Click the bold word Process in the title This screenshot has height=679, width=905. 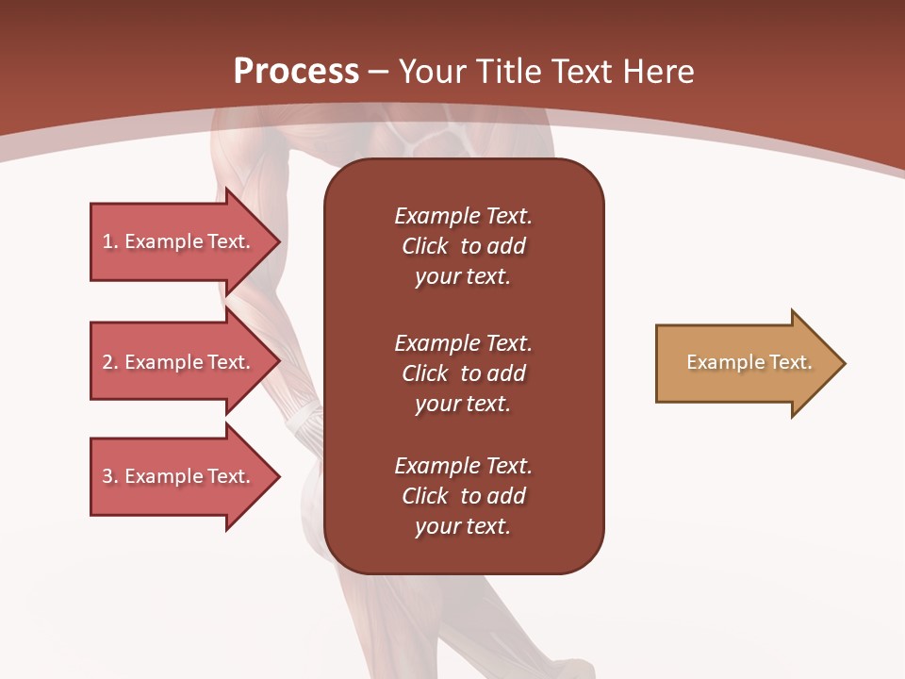tap(296, 72)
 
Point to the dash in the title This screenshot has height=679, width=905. tap(378, 73)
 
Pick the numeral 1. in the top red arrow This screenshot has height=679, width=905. tap(110, 241)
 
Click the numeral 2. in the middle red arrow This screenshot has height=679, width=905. tap(110, 362)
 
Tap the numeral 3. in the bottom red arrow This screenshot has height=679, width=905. tap(110, 476)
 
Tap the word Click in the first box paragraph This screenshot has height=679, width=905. tap(424, 246)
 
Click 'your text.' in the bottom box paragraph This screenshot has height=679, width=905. tap(463, 526)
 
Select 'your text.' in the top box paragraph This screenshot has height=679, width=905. tap(463, 276)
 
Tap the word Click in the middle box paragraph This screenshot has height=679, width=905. tap(424, 373)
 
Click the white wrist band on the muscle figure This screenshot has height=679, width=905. tap(305, 423)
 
